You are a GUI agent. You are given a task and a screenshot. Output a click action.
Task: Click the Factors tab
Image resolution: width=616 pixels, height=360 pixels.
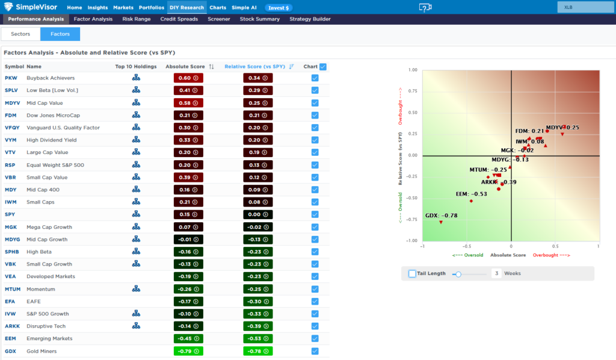pos(60,34)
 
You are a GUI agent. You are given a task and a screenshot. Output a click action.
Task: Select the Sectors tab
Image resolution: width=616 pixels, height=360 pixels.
pos(20,34)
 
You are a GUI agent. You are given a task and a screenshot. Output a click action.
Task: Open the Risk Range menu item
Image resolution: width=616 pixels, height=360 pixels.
pos(137,19)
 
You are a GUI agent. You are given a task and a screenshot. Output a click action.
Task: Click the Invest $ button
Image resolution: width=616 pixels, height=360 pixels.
pos(279,8)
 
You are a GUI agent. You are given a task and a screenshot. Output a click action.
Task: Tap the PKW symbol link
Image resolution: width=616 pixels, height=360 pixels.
pos(11,78)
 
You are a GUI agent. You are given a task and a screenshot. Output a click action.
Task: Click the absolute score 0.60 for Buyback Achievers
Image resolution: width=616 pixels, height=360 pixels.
pos(188,78)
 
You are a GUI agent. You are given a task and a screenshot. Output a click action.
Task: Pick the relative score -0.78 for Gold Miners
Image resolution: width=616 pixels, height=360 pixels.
pos(257,351)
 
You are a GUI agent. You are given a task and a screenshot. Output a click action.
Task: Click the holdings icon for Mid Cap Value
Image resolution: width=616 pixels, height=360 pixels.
pos(136,102)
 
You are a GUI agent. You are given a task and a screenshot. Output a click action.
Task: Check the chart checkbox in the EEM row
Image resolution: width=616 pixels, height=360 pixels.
pos(315,338)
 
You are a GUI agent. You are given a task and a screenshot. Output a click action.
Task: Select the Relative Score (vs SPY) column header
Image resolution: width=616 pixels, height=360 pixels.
pos(254,66)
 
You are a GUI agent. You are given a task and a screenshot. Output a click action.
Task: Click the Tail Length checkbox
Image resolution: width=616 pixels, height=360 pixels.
pos(412,273)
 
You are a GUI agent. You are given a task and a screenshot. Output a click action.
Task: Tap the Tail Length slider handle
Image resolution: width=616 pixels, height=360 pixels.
pos(458,274)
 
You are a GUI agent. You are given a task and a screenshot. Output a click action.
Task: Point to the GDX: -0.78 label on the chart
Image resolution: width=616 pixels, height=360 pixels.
pos(441,216)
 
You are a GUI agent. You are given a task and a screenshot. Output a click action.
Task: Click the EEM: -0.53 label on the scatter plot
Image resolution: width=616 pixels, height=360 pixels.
pos(472,194)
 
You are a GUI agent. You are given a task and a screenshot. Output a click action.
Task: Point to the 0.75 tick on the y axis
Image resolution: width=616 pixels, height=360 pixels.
pos(413,91)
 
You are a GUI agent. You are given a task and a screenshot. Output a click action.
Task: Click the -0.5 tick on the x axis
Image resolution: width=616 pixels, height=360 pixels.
pos(467,246)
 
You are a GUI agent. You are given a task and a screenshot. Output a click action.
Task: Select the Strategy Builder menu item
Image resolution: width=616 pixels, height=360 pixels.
pos(310,19)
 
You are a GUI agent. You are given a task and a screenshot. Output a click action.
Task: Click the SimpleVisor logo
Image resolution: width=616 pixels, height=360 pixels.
pos(30,7)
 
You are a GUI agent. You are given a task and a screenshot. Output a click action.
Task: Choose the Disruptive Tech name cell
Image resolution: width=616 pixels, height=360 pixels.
pos(46,326)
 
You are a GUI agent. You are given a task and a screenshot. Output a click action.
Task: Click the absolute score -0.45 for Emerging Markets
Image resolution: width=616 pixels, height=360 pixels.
pos(188,338)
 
